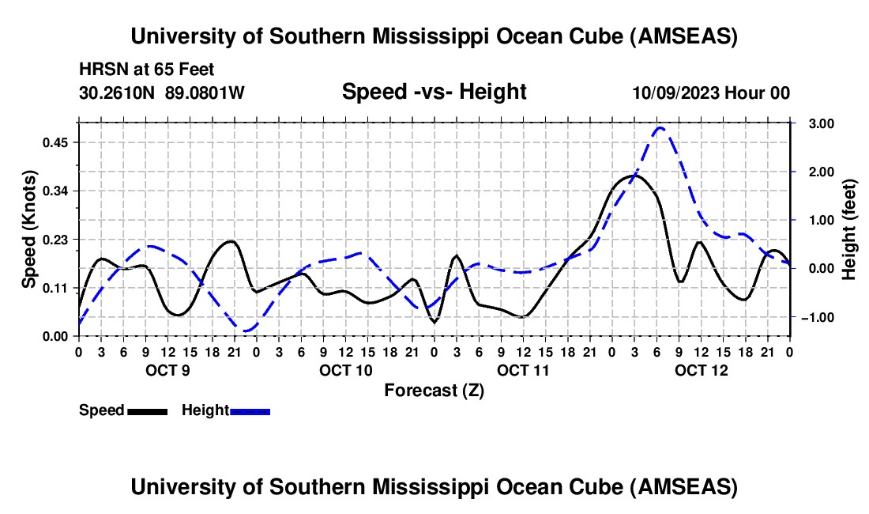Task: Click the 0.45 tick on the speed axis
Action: [x=57, y=142]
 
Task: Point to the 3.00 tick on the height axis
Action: [x=814, y=124]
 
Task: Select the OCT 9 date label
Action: [x=167, y=369]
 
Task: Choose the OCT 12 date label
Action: [x=700, y=369]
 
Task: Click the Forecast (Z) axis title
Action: [x=434, y=390]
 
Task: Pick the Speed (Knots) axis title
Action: [x=29, y=229]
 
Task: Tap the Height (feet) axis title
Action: [x=849, y=229]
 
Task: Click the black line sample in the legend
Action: [x=147, y=410]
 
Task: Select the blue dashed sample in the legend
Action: [x=250, y=410]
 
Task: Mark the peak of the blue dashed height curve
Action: [x=660, y=128]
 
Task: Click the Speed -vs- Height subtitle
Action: [x=434, y=93]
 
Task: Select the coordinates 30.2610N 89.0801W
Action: [x=162, y=93]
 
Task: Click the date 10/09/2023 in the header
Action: [x=675, y=93]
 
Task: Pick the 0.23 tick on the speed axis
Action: [x=57, y=240]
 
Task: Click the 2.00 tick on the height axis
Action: [x=814, y=172]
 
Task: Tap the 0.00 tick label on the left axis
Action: [x=57, y=336]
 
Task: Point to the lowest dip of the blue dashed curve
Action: [x=247, y=330]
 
